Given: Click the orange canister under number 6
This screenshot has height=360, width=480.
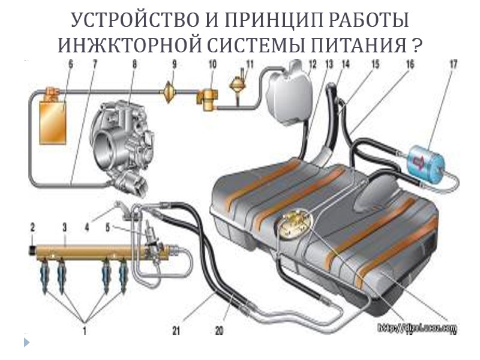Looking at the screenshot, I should tap(52, 123).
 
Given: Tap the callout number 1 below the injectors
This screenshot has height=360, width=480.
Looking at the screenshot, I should tap(85, 329).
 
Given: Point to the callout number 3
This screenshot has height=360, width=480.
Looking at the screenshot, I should tap(64, 227).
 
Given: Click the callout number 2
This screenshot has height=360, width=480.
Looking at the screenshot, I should tap(33, 226).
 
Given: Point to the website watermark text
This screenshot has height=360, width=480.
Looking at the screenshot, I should tap(417, 329).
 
